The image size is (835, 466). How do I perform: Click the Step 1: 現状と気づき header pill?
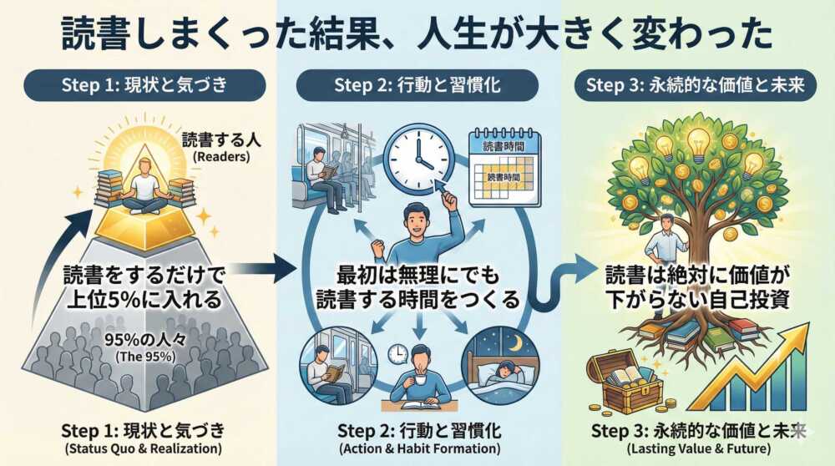click(144, 85)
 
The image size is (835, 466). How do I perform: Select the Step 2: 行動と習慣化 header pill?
click(418, 85)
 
